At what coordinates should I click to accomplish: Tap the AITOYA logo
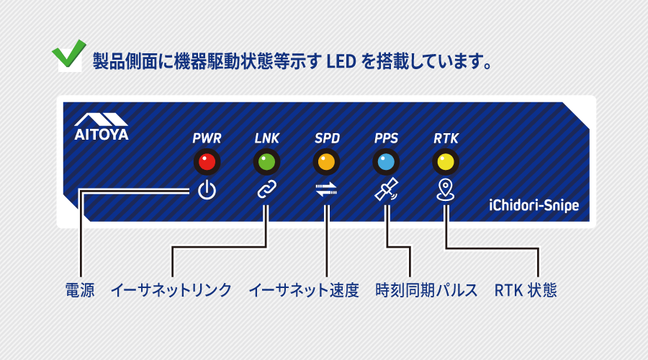(x=101, y=125)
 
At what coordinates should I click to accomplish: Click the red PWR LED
(x=207, y=162)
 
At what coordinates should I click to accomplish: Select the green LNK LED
(x=266, y=162)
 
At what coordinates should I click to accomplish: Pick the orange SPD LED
(x=326, y=162)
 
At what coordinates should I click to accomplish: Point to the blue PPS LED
(x=386, y=162)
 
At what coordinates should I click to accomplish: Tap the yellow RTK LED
(x=446, y=162)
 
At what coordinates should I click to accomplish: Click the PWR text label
(x=207, y=138)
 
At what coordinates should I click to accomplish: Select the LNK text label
(x=266, y=138)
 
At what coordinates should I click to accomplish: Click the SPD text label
(x=326, y=138)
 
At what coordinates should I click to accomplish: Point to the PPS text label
(x=386, y=138)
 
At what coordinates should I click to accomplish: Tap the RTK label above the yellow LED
(x=446, y=138)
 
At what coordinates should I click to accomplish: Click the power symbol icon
(x=207, y=190)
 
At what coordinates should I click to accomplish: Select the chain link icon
(x=266, y=190)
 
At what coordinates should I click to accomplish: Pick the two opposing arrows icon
(x=326, y=190)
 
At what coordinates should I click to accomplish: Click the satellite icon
(x=387, y=190)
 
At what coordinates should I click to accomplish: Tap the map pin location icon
(x=446, y=190)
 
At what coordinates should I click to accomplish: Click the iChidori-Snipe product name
(x=534, y=205)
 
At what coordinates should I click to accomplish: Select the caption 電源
(x=80, y=290)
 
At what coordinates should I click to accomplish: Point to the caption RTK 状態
(x=526, y=290)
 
